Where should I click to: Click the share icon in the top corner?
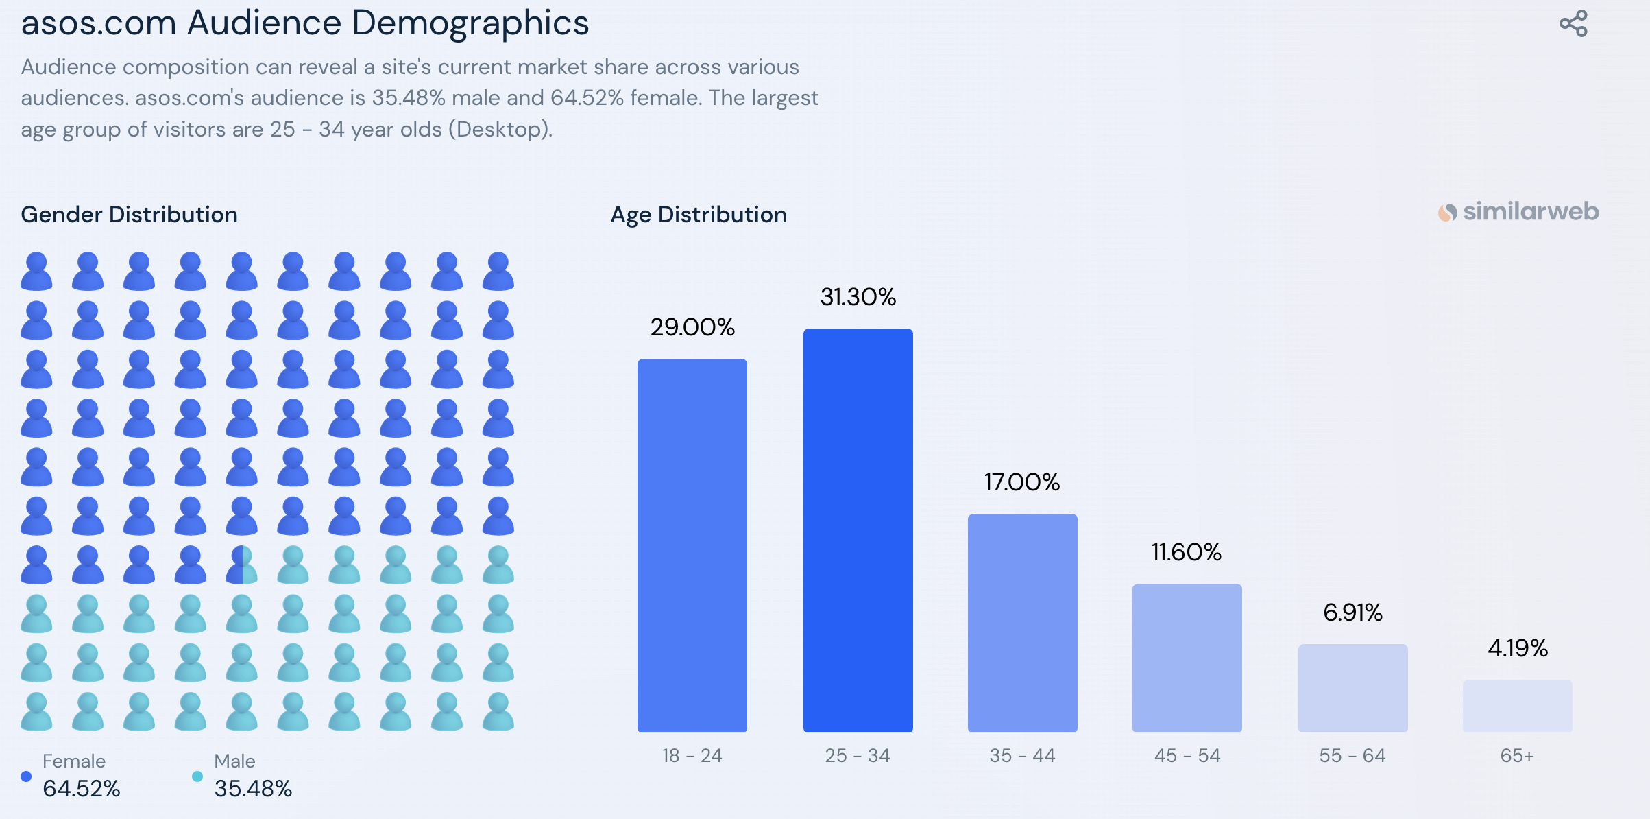pyautogui.click(x=1573, y=23)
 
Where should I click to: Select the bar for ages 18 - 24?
pyautogui.click(x=692, y=545)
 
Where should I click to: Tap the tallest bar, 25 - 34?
pyautogui.click(x=858, y=530)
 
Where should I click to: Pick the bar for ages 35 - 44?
pyautogui.click(x=1022, y=622)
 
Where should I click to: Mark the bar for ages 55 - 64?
pyautogui.click(x=1352, y=687)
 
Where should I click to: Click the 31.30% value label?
pyautogui.click(x=858, y=297)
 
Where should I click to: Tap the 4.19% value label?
pyautogui.click(x=1517, y=648)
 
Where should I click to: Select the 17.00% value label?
pyautogui.click(x=1022, y=482)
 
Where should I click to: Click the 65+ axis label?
pyautogui.click(x=1517, y=756)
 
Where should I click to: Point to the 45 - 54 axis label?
pyautogui.click(x=1187, y=756)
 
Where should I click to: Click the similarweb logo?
pyautogui.click(x=1518, y=212)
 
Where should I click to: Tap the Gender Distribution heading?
pyautogui.click(x=129, y=215)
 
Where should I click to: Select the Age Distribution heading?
pyautogui.click(x=699, y=215)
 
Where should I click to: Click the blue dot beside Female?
pyautogui.click(x=26, y=776)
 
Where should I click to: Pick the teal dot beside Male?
pyautogui.click(x=197, y=776)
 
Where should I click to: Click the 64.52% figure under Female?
pyautogui.click(x=82, y=789)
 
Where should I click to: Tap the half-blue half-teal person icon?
pyautogui.click(x=241, y=565)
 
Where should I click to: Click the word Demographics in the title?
pyautogui.click(x=470, y=23)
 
